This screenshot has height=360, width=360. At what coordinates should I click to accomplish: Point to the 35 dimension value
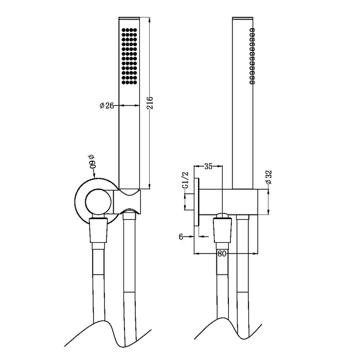click(208, 166)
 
